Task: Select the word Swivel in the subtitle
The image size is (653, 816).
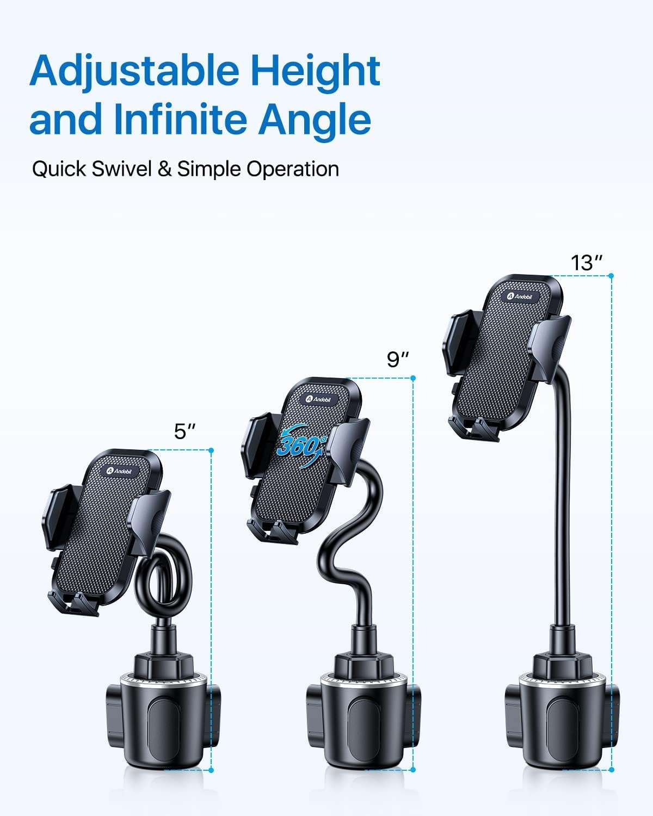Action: (121, 169)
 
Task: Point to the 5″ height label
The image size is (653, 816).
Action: (184, 431)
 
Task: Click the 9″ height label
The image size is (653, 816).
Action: (397, 360)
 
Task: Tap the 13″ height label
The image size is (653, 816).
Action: (586, 263)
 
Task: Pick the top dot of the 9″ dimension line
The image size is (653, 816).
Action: (413, 378)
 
